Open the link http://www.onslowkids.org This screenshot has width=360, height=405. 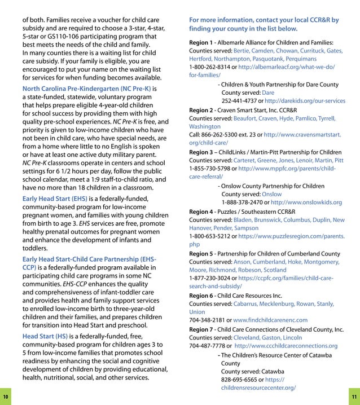306,202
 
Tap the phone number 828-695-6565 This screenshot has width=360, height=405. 238,380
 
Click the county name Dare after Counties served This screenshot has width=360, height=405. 268,93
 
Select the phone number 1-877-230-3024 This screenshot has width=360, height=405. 211,278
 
